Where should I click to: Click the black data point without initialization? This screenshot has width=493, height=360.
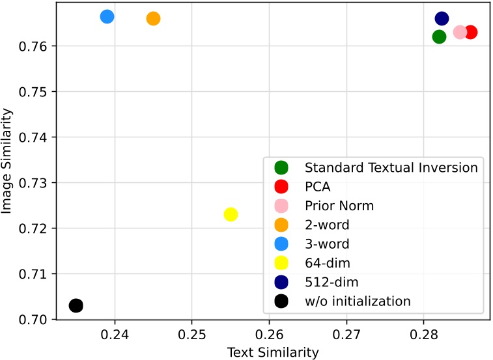pyautogui.click(x=76, y=305)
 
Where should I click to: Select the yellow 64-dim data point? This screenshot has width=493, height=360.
pyautogui.click(x=231, y=214)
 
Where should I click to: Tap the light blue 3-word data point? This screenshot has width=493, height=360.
pyautogui.click(x=107, y=16)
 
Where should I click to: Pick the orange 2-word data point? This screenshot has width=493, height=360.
pyautogui.click(x=153, y=18)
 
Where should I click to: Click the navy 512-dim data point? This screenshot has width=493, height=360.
pyautogui.click(x=442, y=18)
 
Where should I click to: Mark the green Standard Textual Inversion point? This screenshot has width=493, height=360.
pyautogui.click(x=439, y=36)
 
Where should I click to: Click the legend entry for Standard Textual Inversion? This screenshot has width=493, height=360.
pyautogui.click(x=391, y=168)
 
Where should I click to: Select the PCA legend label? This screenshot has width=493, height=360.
pyautogui.click(x=317, y=187)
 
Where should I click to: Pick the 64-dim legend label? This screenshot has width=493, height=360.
pyautogui.click(x=327, y=263)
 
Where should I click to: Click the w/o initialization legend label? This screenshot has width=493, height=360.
pyautogui.click(x=358, y=301)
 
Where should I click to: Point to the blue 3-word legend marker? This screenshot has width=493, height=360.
pyautogui.click(x=282, y=244)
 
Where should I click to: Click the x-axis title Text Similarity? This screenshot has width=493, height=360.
pyautogui.click(x=273, y=352)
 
